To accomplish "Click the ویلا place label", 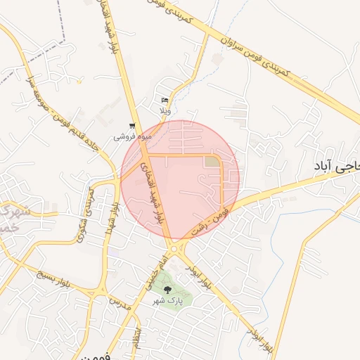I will (165, 111).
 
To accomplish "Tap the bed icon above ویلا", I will (165, 101).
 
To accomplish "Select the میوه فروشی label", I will (133, 136).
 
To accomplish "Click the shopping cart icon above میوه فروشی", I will (132, 126).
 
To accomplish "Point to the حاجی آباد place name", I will (336, 166).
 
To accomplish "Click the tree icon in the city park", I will (167, 289).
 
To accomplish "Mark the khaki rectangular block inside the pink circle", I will (212, 162).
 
